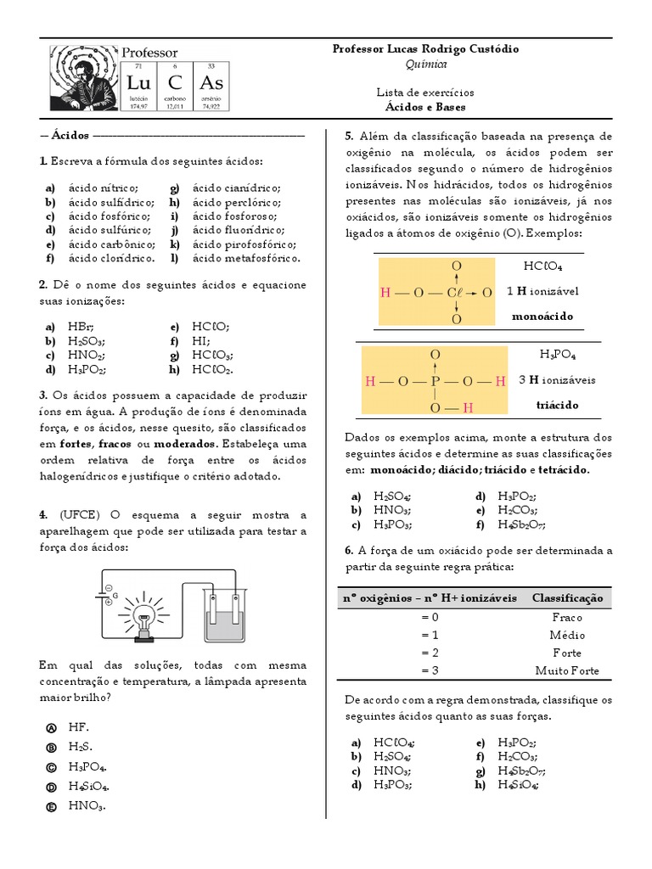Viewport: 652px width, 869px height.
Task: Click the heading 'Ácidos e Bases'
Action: tap(424, 107)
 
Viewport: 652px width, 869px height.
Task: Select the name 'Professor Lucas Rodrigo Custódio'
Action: tap(425, 49)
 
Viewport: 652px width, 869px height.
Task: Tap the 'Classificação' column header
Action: tap(566, 598)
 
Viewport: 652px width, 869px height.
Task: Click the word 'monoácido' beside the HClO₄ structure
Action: tap(542, 317)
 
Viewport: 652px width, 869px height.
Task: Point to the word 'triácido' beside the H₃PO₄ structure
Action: tap(557, 405)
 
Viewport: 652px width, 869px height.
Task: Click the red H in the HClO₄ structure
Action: tap(385, 293)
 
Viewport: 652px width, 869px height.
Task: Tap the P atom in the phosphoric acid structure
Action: tap(436, 381)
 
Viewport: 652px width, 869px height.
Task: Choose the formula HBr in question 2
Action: tap(81, 327)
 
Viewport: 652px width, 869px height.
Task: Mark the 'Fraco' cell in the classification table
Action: tap(566, 617)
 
